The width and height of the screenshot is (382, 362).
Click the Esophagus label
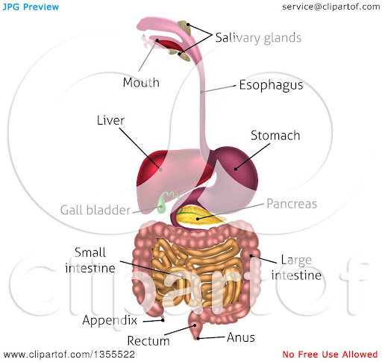[271, 85]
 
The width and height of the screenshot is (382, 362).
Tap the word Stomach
[275, 136]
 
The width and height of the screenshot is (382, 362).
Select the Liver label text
[110, 120]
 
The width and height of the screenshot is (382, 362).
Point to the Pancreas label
[292, 204]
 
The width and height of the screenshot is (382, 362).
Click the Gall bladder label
[95, 210]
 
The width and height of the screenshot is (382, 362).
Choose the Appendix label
[110, 320]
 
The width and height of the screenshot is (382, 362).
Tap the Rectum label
[148, 341]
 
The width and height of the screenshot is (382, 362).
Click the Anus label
[241, 337]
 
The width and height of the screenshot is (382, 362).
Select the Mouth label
[141, 82]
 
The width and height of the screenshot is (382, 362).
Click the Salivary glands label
[258, 38]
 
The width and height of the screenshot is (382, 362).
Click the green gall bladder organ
[161, 204]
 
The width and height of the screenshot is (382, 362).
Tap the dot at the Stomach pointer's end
[235, 169]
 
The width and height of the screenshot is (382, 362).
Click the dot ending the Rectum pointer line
[195, 325]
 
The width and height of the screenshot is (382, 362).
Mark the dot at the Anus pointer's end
[198, 338]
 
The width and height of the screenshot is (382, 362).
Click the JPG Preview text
[31, 7]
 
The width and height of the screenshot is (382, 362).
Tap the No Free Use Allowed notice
[330, 354]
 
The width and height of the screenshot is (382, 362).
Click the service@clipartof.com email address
[331, 7]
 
